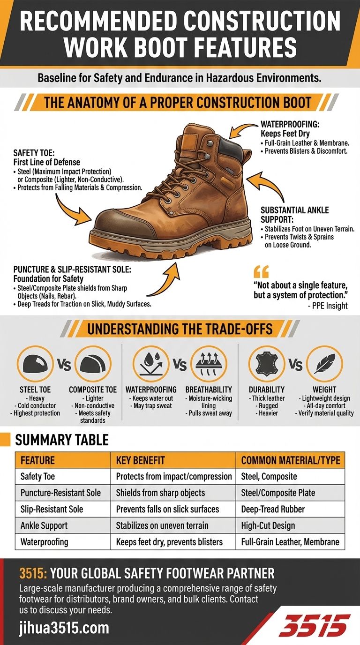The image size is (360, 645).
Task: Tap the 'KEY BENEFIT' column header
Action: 140,460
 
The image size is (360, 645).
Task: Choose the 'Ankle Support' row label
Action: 44,525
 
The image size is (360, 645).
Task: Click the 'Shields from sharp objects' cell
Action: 160,493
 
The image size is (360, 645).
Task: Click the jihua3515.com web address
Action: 64,627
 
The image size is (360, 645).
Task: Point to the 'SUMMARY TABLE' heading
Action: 62,440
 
